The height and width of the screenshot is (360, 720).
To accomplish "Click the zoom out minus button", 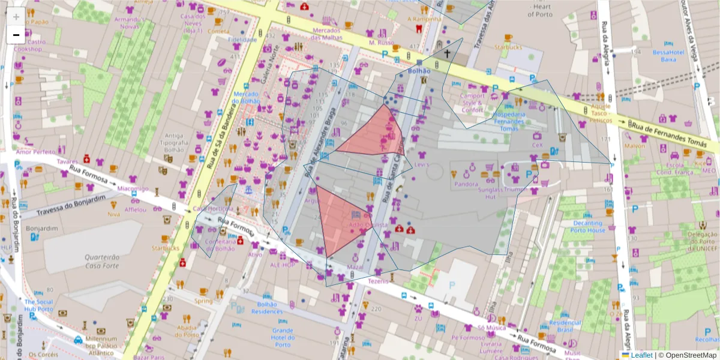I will tap(16, 35).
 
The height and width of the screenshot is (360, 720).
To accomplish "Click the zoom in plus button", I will tap(16, 17).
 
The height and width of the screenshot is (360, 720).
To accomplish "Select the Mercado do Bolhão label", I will tap(246, 97).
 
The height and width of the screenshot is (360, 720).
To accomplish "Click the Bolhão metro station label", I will tap(419, 71).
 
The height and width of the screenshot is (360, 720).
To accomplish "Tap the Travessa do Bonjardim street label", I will tap(71, 205).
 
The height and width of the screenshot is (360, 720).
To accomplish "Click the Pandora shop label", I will tap(466, 184).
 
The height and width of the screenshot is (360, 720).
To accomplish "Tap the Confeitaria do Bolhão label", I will tap(220, 244).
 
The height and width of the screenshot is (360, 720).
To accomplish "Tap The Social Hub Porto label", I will tap(39, 305).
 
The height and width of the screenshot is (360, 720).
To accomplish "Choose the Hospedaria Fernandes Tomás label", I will tap(509, 121).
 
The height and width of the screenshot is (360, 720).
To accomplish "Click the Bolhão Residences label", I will tap(267, 308).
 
